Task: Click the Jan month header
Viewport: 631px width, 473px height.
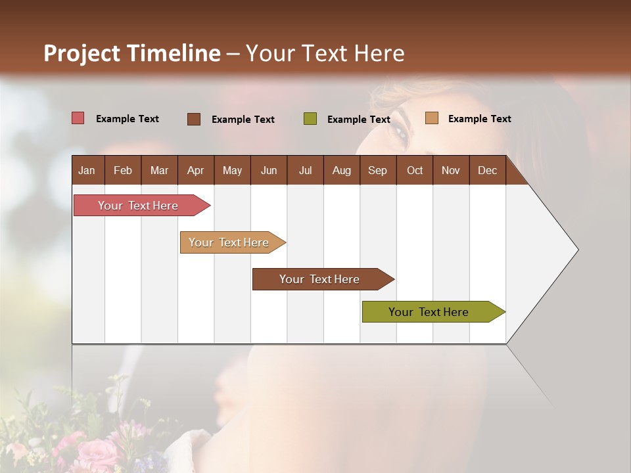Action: pyautogui.click(x=87, y=170)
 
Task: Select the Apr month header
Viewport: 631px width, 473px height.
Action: pyautogui.click(x=195, y=170)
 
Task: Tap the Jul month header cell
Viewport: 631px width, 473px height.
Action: pyautogui.click(x=305, y=170)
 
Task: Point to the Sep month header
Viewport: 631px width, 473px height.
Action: pyautogui.click(x=377, y=170)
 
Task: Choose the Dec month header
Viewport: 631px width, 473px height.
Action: pyautogui.click(x=487, y=170)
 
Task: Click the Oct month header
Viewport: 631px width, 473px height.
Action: pyautogui.click(x=415, y=170)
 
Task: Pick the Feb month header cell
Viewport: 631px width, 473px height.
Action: pyautogui.click(x=123, y=170)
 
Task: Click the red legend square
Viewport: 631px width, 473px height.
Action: pyautogui.click(x=78, y=118)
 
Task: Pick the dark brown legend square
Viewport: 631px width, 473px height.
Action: pyautogui.click(x=193, y=119)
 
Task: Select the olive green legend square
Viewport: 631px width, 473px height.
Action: pyautogui.click(x=310, y=119)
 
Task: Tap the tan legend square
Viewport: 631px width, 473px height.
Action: pyautogui.click(x=431, y=118)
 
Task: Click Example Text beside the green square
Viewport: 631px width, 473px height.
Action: pyautogui.click(x=358, y=120)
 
